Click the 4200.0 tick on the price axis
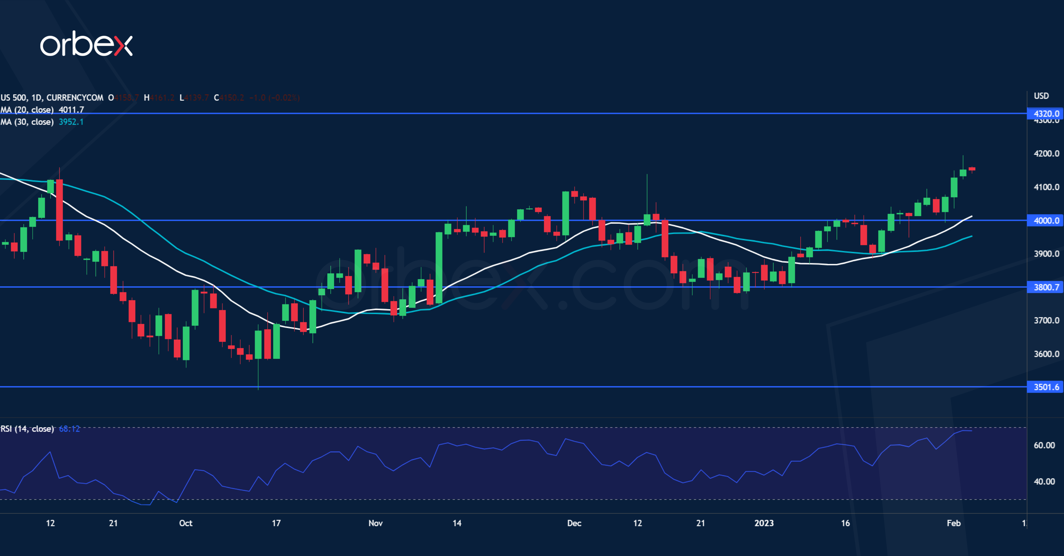[x=1046, y=154]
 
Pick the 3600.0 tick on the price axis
[x=1046, y=354]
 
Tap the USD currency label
[x=1041, y=96]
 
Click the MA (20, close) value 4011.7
[x=71, y=110]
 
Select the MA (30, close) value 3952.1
[x=71, y=122]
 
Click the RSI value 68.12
[x=69, y=429]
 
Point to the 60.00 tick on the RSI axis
[x=1044, y=445]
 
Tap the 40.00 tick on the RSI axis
[x=1044, y=482]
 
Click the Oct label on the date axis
[x=186, y=523]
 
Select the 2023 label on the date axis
[x=764, y=523]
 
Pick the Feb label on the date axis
[x=953, y=523]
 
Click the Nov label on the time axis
[x=375, y=523]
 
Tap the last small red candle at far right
[x=972, y=169]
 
